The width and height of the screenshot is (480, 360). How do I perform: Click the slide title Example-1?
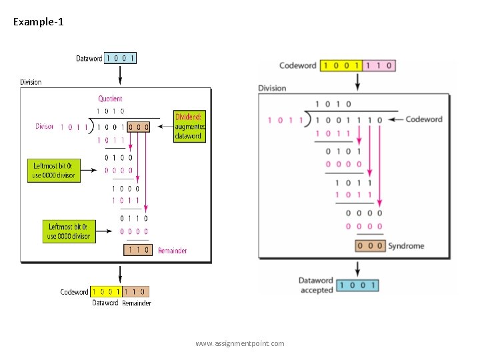(39, 22)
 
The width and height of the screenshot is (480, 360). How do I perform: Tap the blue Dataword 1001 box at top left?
(121, 58)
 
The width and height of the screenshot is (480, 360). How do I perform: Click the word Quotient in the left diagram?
(110, 99)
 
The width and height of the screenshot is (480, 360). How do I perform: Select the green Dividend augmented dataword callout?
(190, 126)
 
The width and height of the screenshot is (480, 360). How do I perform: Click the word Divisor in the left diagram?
(45, 126)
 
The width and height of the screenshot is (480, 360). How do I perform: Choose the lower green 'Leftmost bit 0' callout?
(68, 231)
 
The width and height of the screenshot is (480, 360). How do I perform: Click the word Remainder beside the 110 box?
(172, 251)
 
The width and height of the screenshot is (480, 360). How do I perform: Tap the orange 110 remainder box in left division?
(137, 250)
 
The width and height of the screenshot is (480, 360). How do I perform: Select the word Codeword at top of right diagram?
(297, 65)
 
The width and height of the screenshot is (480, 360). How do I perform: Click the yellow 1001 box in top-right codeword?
(340, 65)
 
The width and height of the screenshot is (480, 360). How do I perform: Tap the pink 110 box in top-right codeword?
(378, 65)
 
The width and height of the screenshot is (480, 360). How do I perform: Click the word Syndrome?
(405, 246)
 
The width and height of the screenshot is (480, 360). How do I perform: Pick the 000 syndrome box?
(369, 246)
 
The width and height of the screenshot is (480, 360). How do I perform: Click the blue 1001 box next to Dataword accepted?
(357, 285)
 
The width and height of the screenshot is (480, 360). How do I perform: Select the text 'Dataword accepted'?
(316, 285)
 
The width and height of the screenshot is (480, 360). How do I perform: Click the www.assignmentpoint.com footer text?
(239, 343)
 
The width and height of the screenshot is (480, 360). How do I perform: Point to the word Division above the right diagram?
(272, 88)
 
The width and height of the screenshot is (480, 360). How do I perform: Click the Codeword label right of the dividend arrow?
(424, 119)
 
